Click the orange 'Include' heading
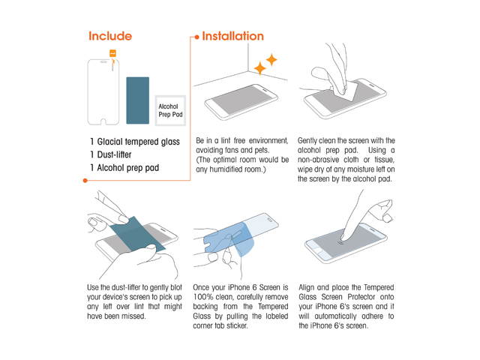coord(110,36)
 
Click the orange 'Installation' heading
coord(233,36)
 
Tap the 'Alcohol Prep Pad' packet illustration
coord(170,110)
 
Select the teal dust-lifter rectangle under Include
coord(138,100)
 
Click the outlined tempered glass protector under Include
coord(103,92)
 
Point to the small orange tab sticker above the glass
coord(112,53)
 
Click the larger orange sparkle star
coord(260,68)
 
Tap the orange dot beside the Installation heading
coord(196,37)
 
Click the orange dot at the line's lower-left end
coord(85,181)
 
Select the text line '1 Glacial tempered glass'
coord(135,142)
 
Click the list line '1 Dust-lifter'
coord(111,154)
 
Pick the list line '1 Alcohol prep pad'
coord(124,168)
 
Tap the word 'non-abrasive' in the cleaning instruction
coord(318,160)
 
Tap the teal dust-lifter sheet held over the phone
coord(137,233)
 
